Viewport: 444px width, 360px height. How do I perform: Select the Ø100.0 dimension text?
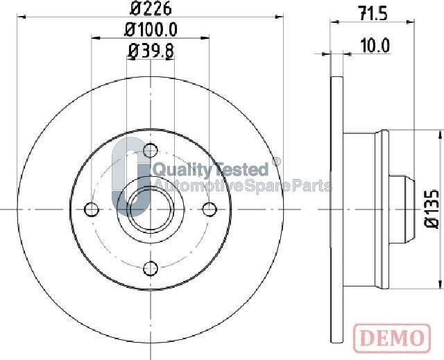click(x=150, y=30)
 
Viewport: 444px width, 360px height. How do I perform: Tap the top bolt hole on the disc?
click(x=150, y=148)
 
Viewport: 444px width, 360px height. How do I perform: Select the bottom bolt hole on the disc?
click(x=150, y=268)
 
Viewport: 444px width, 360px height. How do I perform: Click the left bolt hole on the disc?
click(x=89, y=208)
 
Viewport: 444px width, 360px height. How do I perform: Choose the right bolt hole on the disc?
click(x=210, y=208)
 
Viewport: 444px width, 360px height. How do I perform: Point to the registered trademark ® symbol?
click(x=276, y=162)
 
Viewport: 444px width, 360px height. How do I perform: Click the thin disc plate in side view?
click(x=337, y=208)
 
